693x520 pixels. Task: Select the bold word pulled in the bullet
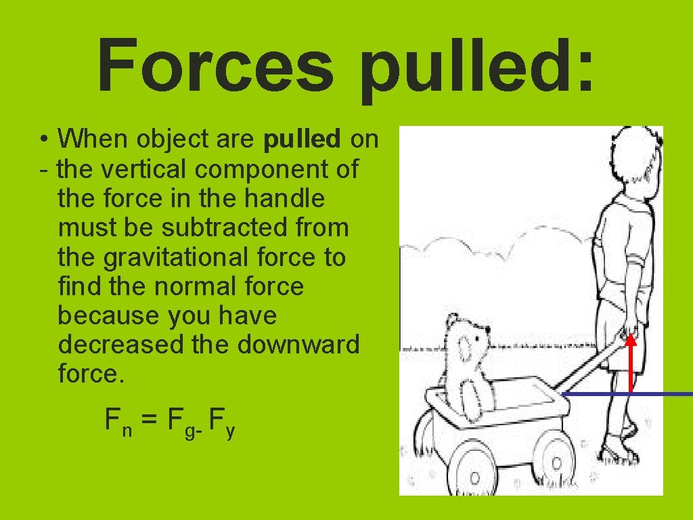click(x=302, y=139)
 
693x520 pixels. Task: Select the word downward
click(x=298, y=345)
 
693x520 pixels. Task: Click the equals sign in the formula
click(x=151, y=421)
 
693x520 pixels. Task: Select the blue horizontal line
click(x=626, y=393)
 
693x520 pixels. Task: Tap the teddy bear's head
click(x=467, y=345)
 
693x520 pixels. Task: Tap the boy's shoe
click(x=621, y=452)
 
